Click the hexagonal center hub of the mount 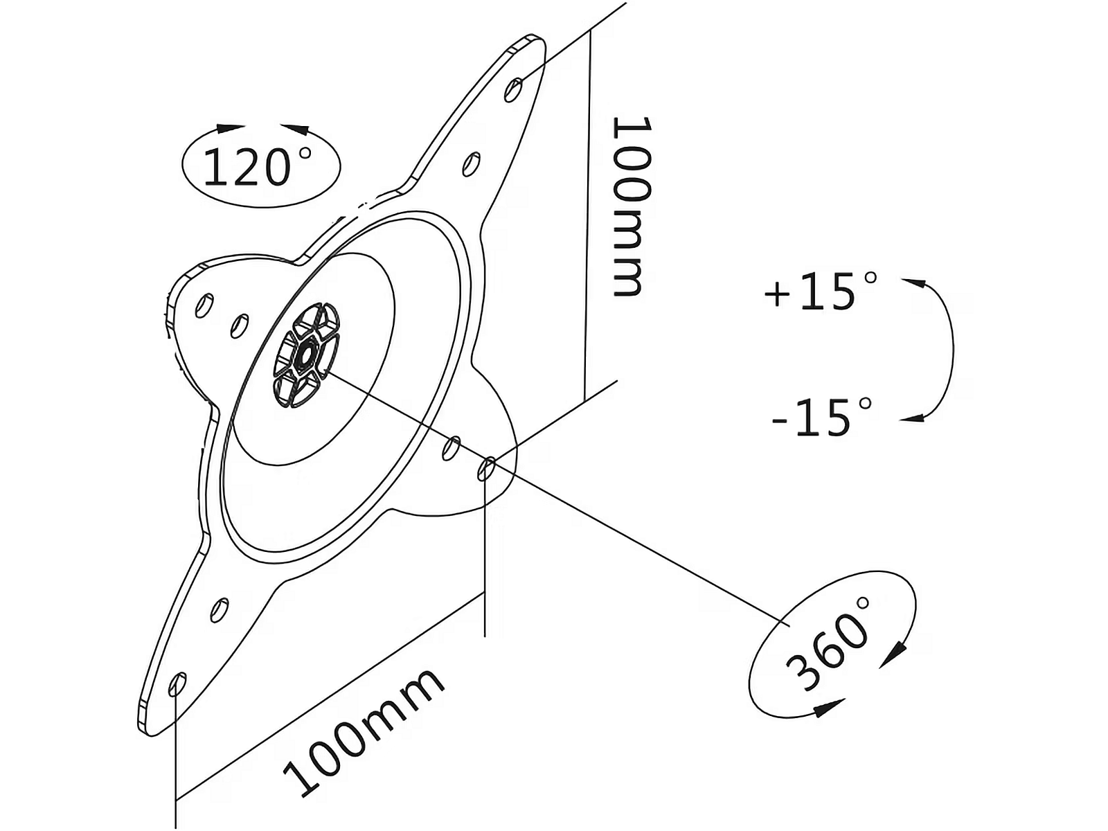pyautogui.click(x=306, y=355)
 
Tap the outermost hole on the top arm pyautogui.click(x=514, y=90)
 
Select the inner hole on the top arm pyautogui.click(x=472, y=164)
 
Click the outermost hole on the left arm pyautogui.click(x=204, y=305)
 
